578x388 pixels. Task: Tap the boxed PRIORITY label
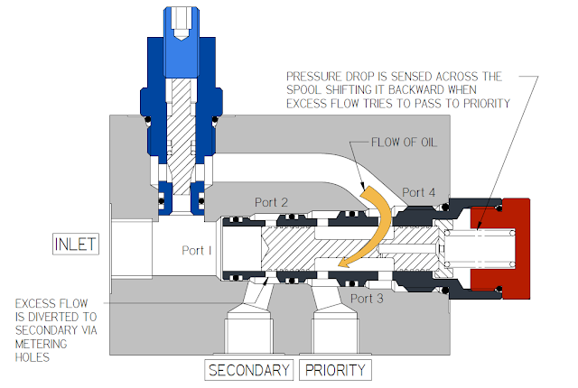point(334,370)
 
